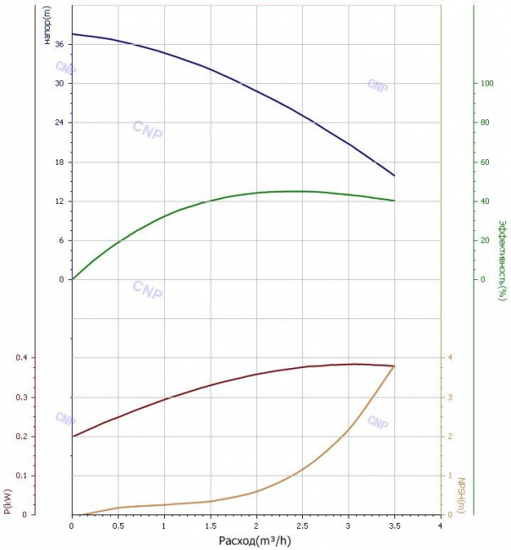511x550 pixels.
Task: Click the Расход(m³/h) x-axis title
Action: click(x=255, y=541)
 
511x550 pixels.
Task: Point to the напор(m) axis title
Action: click(x=47, y=25)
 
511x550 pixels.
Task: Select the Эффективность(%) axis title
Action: click(x=503, y=261)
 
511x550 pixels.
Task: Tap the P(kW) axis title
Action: click(x=8, y=502)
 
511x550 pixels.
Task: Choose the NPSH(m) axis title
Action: click(x=461, y=495)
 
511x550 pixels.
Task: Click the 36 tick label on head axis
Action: click(x=59, y=44)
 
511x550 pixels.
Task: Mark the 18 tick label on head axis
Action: click(x=59, y=162)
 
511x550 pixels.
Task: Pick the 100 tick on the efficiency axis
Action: click(x=486, y=84)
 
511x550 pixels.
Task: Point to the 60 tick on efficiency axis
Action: click(x=485, y=162)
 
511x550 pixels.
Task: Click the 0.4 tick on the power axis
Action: click(x=21, y=358)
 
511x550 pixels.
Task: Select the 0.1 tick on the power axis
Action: click(x=21, y=476)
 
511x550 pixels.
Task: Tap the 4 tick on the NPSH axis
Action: click(x=450, y=358)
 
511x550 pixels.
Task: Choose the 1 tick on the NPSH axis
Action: click(x=450, y=476)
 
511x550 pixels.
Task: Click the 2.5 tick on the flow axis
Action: click(x=302, y=525)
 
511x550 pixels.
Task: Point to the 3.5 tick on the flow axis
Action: click(x=394, y=525)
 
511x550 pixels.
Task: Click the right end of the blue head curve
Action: click(x=394, y=176)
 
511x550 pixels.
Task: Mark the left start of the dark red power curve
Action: click(x=73, y=437)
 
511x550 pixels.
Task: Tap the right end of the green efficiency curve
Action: click(x=394, y=201)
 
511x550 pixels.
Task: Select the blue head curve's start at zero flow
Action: click(x=73, y=34)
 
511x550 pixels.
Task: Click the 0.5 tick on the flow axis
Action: click(x=118, y=525)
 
